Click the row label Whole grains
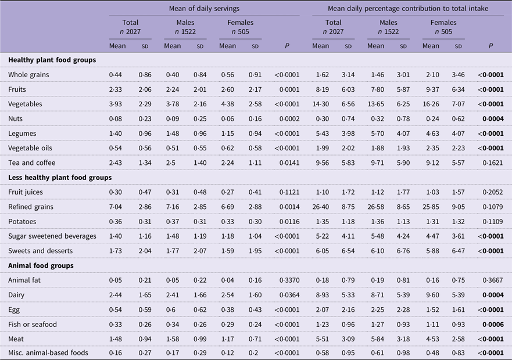pos(28,75)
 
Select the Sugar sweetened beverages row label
pos(52,236)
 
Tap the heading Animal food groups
pos(41,266)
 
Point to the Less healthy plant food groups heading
pos(60,178)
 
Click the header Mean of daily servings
pos(204,9)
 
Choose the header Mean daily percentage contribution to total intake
pos(408,9)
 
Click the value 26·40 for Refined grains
pos(320,207)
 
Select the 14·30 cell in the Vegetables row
pos(320,104)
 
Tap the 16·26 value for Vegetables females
pos(431,104)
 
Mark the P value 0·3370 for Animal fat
pos(289,280)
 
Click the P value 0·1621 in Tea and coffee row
pos(493,163)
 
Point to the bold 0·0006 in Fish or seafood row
pos(493,325)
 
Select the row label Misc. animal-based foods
pos(48,353)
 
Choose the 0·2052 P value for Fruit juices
pos(493,192)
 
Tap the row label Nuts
pos(15,119)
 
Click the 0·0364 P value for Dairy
pos(289,295)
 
